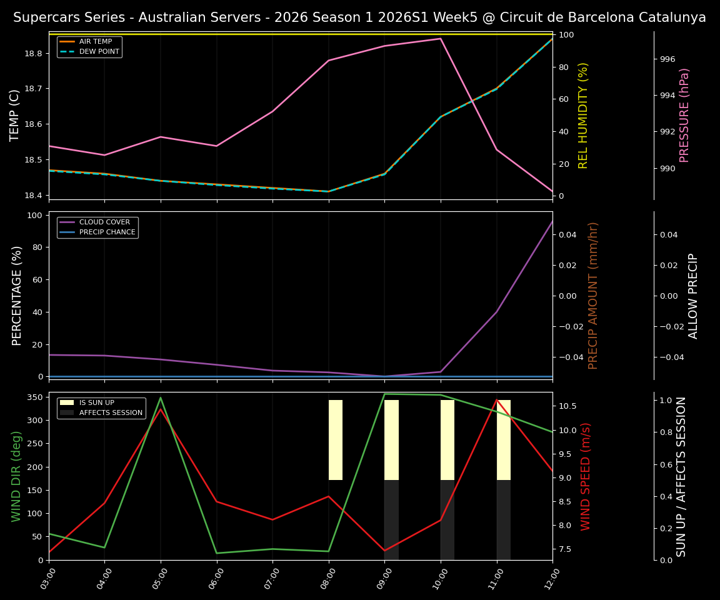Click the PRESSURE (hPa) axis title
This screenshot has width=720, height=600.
[x=685, y=115]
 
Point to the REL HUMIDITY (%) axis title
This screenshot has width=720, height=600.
[x=584, y=115]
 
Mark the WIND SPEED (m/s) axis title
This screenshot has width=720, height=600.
[x=586, y=476]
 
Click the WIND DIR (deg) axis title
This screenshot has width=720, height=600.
[x=17, y=476]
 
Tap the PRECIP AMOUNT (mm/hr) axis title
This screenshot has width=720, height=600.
[x=594, y=295]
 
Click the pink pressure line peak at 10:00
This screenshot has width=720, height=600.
[x=441, y=39]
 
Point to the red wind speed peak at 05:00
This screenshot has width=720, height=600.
[x=161, y=409]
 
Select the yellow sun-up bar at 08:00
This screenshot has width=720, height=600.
[x=336, y=440]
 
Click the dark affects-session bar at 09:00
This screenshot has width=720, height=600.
[x=391, y=520]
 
